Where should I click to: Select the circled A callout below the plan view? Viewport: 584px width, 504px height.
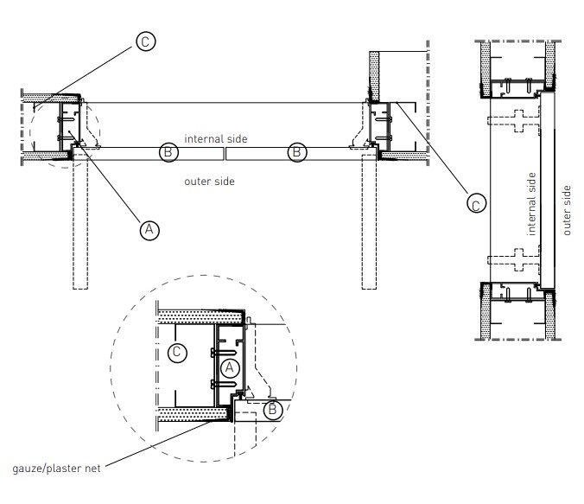tap(149, 229)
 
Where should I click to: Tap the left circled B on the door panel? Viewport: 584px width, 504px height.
tap(169, 152)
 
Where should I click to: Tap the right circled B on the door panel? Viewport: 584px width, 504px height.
tap(296, 152)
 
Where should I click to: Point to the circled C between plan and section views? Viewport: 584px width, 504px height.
tap(473, 203)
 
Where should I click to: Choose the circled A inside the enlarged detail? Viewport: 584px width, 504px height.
tap(229, 367)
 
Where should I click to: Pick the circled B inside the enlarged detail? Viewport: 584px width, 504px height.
tap(273, 410)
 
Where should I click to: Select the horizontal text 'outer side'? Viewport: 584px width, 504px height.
tap(210, 182)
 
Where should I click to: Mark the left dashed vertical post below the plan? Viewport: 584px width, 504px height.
tap(79, 225)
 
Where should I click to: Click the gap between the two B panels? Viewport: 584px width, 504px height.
tap(225, 153)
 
